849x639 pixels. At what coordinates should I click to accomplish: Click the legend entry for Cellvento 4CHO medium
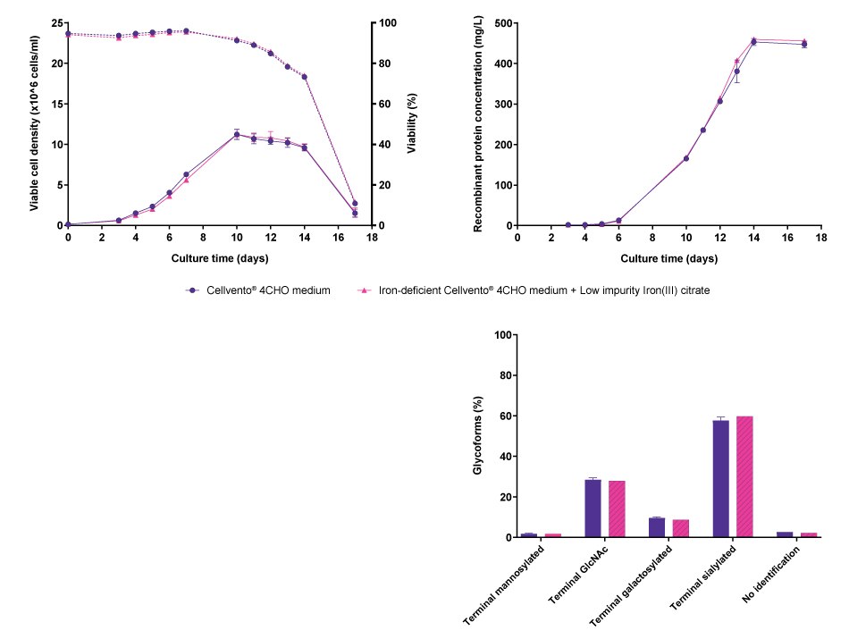[258, 290]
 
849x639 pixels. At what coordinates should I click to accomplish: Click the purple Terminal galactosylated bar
[656, 527]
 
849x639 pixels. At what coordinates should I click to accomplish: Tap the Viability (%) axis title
[412, 123]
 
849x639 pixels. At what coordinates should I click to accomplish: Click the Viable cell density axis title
[35, 123]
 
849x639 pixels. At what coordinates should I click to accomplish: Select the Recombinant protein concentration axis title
[478, 123]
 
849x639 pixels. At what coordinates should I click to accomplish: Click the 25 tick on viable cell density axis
[55, 22]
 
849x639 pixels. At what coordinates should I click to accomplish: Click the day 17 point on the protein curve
[804, 43]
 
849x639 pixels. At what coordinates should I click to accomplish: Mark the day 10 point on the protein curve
[686, 158]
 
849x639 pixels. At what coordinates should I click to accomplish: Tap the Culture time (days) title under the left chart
[220, 258]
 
